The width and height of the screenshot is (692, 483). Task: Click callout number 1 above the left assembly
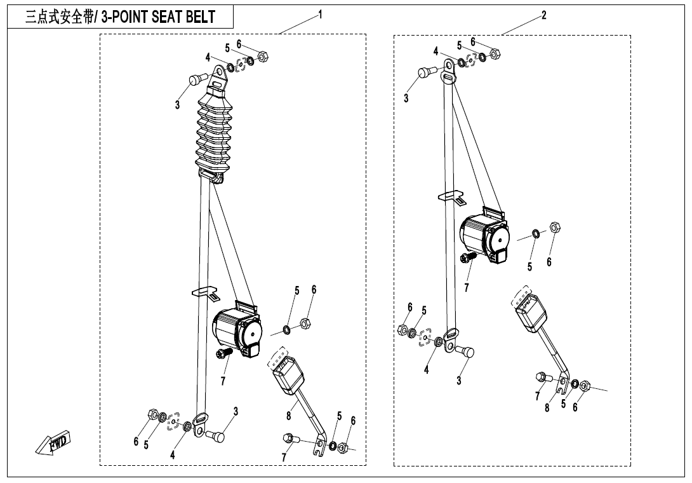tap(321, 14)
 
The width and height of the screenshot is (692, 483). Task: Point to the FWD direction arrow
tap(53, 443)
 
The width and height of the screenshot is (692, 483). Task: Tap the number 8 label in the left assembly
tap(289, 416)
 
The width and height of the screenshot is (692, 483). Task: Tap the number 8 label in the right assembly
tap(547, 408)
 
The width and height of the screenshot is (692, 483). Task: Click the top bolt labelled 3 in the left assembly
tap(196, 81)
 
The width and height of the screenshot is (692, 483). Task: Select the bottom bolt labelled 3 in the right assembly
tap(467, 351)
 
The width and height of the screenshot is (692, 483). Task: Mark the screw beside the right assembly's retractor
tap(469, 257)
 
